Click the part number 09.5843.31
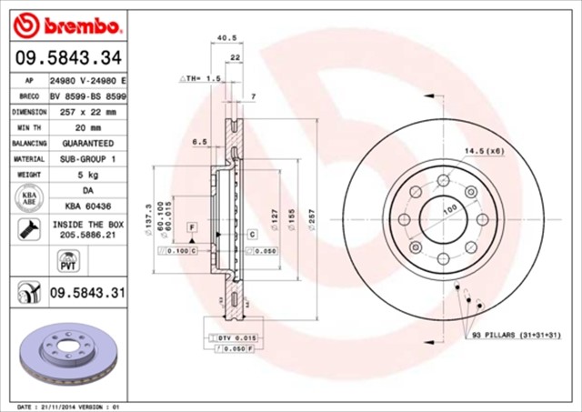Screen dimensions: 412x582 (87, 294)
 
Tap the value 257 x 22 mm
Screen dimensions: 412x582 (88, 111)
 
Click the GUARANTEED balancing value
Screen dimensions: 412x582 (88, 144)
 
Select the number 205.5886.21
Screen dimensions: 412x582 (88, 234)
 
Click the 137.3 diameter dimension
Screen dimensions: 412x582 (148, 220)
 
